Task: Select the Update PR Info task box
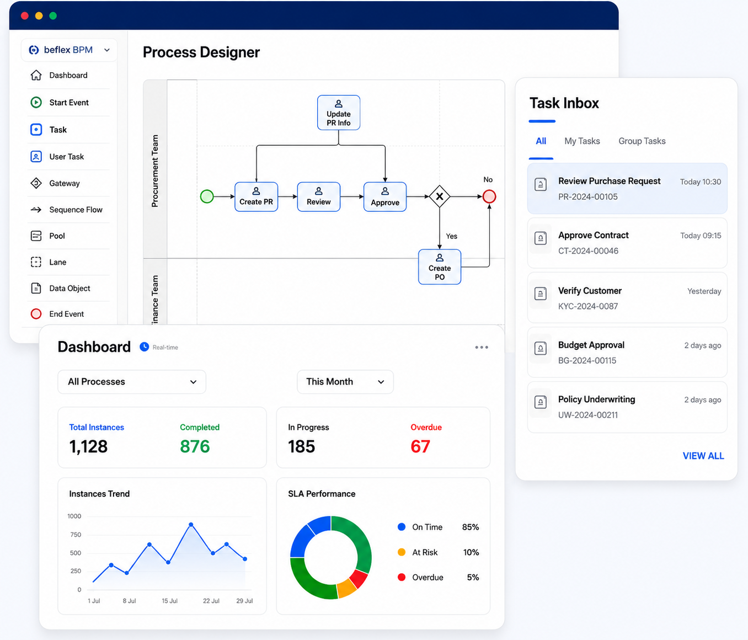click(338, 113)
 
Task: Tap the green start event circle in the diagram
click(207, 196)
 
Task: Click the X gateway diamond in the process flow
click(439, 196)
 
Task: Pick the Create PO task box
click(439, 267)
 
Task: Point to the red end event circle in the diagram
click(489, 196)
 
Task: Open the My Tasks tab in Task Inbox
click(582, 141)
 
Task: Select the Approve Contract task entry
click(627, 243)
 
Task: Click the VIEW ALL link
click(703, 456)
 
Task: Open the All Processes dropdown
click(132, 382)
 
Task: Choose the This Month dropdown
click(345, 382)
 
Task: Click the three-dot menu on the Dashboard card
click(482, 347)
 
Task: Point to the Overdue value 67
click(420, 446)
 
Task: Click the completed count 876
click(195, 446)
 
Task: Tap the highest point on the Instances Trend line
click(191, 525)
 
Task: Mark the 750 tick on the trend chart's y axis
click(76, 535)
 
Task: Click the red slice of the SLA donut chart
click(359, 578)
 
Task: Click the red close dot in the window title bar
click(25, 15)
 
